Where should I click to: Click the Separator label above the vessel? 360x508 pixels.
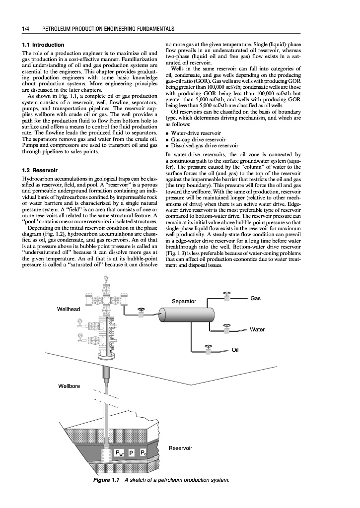pyautogui.click(x=184, y=302)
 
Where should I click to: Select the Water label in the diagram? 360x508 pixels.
pyautogui.click(x=257, y=329)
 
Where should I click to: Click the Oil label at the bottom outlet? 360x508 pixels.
pyautogui.click(x=236, y=350)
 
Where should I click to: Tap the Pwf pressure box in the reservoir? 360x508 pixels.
pyautogui.click(x=120, y=453)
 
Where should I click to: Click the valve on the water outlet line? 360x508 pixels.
pyautogui.click(x=227, y=327)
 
